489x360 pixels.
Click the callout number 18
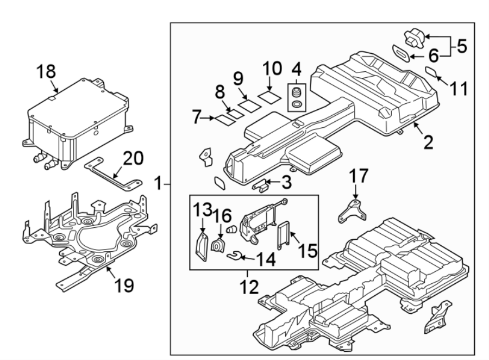[47, 71]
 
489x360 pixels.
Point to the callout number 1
[158, 184]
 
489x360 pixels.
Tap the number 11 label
[459, 89]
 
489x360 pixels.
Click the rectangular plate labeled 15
[283, 235]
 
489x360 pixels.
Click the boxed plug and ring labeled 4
[297, 96]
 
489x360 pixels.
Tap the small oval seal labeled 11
[430, 71]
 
